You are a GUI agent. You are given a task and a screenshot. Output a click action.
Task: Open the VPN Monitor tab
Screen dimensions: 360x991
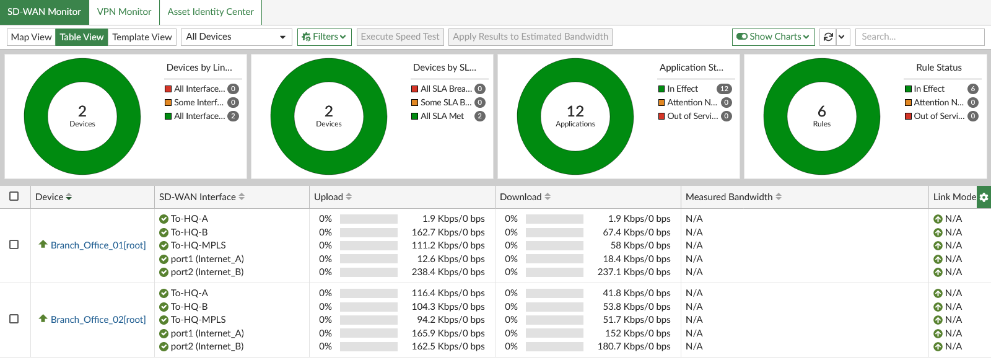[124, 12]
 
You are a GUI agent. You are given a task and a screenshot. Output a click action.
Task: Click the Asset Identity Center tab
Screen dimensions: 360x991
[211, 12]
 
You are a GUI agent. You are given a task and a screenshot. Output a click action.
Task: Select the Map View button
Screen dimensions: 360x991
[32, 37]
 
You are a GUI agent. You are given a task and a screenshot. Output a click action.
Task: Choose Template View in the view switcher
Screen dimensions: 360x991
[142, 37]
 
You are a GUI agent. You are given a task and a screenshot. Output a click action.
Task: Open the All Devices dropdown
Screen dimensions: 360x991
[236, 37]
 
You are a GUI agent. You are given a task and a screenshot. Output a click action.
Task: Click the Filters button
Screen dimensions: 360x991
[325, 37]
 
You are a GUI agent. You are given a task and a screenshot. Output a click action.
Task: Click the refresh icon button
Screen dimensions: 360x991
[828, 37]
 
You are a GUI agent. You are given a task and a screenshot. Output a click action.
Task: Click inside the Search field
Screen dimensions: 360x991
[919, 37]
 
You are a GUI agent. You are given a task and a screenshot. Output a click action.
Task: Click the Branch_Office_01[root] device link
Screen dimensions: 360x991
[98, 245]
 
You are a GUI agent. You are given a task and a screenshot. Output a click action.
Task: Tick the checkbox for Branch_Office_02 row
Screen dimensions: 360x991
[14, 319]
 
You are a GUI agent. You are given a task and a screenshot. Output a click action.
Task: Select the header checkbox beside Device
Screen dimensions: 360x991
[14, 196]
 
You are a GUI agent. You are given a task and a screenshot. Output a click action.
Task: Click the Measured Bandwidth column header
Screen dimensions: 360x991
[729, 197]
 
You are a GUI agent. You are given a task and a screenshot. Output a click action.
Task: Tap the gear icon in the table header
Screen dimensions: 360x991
[984, 197]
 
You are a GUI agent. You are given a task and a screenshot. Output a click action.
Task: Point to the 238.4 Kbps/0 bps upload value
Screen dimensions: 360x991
[448, 272]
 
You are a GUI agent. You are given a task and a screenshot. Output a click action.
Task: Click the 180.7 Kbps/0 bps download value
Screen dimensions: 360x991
[634, 346]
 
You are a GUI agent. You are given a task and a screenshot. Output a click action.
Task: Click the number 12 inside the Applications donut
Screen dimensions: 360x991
[575, 111]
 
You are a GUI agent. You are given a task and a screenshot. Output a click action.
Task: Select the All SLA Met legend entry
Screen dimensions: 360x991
[442, 116]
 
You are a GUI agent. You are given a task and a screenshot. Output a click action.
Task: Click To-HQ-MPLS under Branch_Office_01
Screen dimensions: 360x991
[198, 245]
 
